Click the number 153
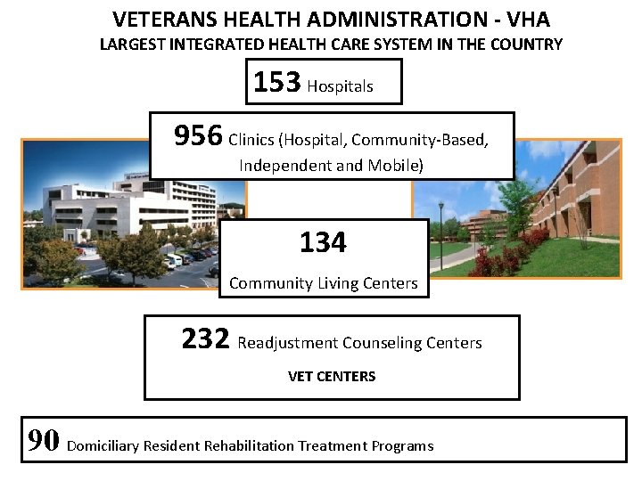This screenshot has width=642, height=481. (x=276, y=82)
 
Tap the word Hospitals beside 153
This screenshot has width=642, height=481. (x=340, y=86)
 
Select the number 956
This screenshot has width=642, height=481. (x=198, y=136)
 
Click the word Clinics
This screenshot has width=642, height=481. (x=252, y=140)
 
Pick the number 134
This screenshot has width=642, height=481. (x=323, y=242)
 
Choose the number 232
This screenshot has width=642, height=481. (x=206, y=338)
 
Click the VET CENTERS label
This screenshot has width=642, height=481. (x=332, y=377)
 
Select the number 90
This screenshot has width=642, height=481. (x=44, y=441)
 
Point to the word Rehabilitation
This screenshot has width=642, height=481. (x=252, y=445)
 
